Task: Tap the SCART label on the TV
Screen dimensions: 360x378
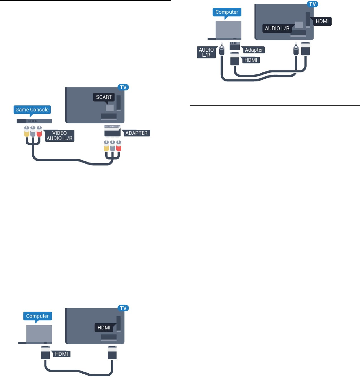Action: [104, 97]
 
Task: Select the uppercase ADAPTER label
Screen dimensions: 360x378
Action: [137, 133]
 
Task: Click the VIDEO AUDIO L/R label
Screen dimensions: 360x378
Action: [59, 135]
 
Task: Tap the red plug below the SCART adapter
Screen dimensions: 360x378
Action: [118, 146]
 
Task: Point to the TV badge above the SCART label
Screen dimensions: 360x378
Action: [123, 87]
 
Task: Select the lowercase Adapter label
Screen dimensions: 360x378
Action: [253, 50]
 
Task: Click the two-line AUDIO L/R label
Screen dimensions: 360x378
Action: [206, 52]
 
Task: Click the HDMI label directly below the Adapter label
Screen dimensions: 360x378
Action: [251, 60]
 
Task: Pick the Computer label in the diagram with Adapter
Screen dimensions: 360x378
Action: [227, 12]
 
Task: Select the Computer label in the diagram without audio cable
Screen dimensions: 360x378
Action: [37, 316]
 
